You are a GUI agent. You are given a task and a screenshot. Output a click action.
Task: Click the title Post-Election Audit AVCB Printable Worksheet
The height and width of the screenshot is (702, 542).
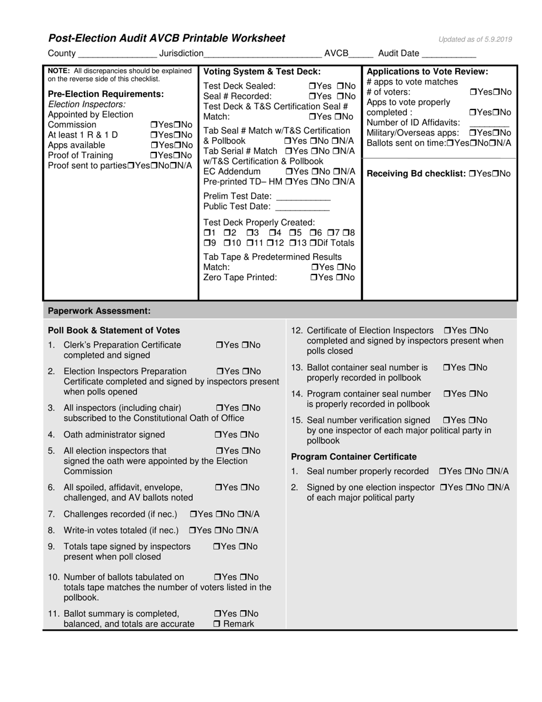167,39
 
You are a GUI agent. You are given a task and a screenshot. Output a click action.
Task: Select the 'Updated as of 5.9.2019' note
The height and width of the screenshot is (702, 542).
475,39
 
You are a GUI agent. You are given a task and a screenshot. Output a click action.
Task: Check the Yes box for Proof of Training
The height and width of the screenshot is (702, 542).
153,155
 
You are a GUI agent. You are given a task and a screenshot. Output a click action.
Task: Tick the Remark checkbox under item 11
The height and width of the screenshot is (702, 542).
217,624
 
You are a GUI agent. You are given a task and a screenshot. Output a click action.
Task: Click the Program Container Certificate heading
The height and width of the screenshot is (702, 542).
354,457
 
